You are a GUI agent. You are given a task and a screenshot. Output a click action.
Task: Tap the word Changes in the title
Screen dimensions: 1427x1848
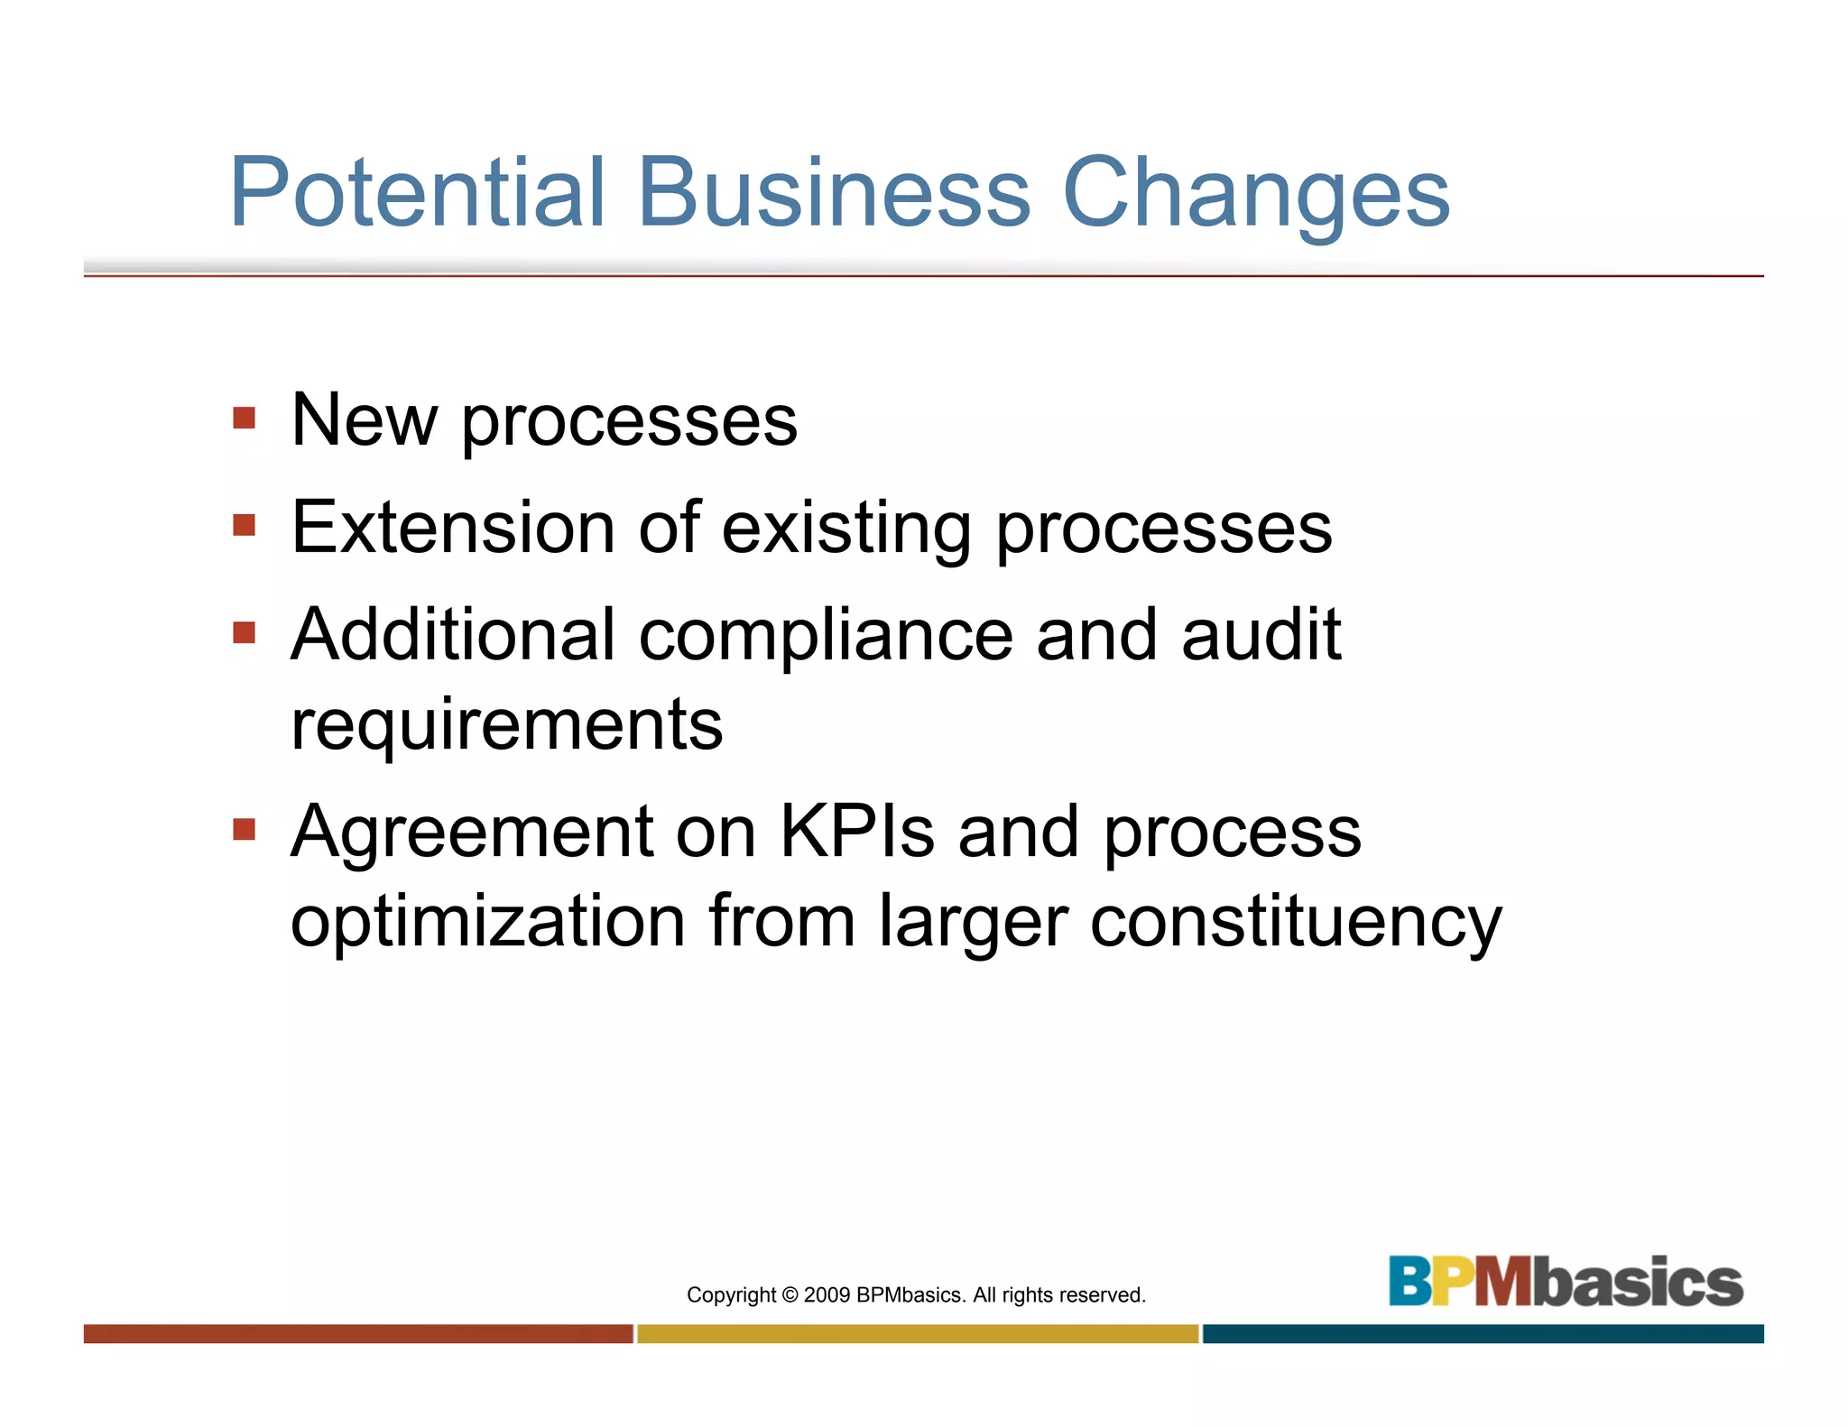click(x=1256, y=194)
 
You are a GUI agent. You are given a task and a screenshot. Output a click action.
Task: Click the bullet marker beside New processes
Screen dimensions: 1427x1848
click(x=244, y=418)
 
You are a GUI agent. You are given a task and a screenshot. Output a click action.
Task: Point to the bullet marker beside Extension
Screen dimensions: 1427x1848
click(x=244, y=525)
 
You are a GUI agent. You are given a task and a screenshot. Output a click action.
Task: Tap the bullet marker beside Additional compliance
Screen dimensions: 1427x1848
click(x=244, y=632)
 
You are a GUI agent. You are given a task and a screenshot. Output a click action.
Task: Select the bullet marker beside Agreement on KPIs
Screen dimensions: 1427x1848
click(x=244, y=829)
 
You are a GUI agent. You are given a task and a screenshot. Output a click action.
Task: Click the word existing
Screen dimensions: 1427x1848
click(x=846, y=529)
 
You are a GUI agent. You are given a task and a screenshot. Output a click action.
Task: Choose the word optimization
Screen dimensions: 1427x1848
click(x=488, y=922)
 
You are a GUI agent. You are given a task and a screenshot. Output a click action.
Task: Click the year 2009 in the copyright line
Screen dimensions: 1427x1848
click(x=827, y=1295)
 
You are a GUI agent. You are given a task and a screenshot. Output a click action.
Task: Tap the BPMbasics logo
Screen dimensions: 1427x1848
click(x=1566, y=1281)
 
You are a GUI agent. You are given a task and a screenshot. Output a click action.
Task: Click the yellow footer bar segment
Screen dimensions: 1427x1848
click(x=918, y=1334)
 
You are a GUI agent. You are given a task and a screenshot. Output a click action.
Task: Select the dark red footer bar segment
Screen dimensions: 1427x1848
click(x=358, y=1334)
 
